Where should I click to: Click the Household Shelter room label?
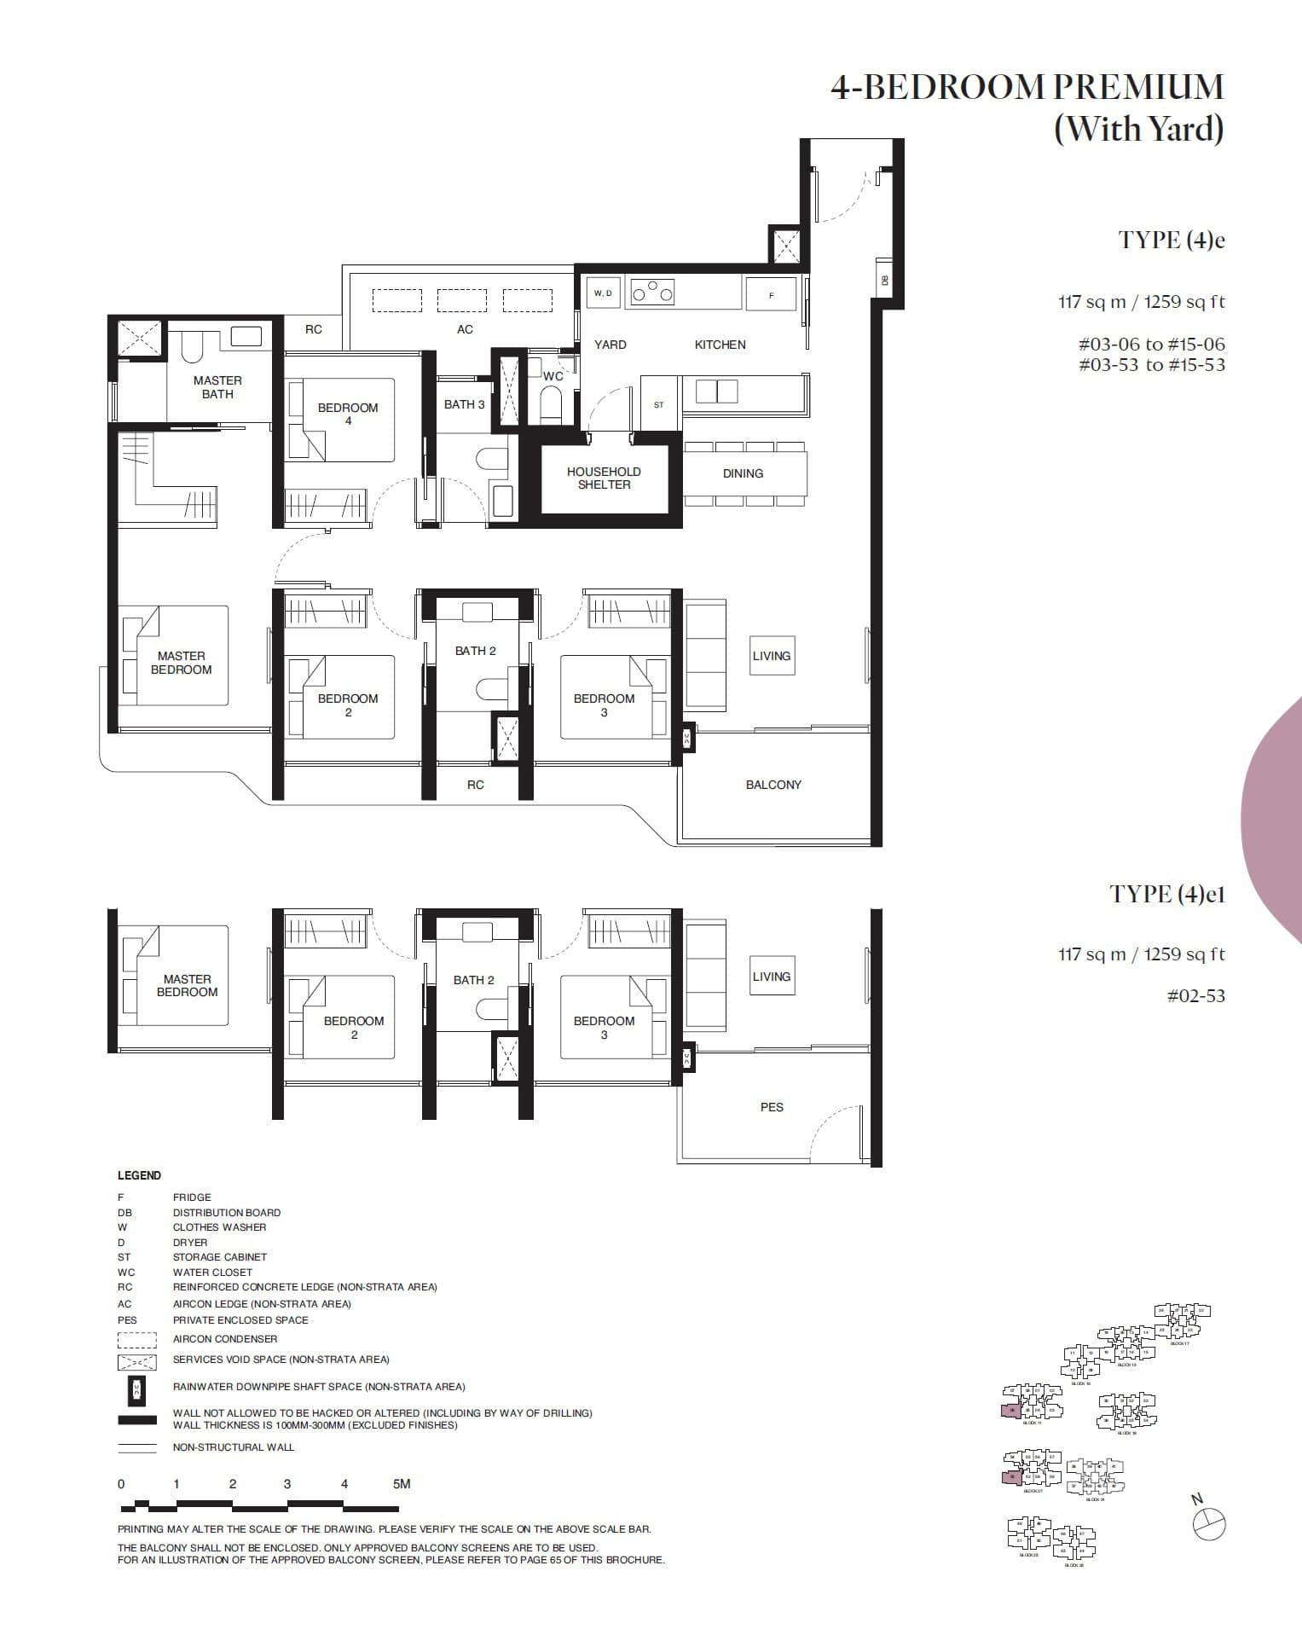[x=604, y=478]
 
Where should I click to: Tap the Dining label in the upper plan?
[x=743, y=473]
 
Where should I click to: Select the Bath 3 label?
[x=464, y=404]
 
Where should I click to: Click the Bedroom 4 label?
[x=348, y=414]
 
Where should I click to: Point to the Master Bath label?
[x=217, y=387]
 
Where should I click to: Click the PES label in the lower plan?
[x=772, y=1107]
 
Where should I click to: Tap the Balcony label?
[x=773, y=785]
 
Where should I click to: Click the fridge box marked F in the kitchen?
[x=771, y=295]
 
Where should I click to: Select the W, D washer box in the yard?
[x=603, y=293]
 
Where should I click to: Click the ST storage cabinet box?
[x=658, y=405]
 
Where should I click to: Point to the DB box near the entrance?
[x=884, y=279]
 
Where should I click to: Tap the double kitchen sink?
[x=716, y=391]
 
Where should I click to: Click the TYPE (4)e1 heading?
[x=1166, y=894]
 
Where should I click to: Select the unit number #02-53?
[x=1195, y=995]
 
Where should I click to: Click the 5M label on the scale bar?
[x=402, y=1484]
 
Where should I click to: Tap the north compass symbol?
[x=1209, y=1523]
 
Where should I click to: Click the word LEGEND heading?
[x=139, y=1175]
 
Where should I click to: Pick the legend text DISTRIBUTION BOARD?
[x=227, y=1212]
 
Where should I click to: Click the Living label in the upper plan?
[x=772, y=656]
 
